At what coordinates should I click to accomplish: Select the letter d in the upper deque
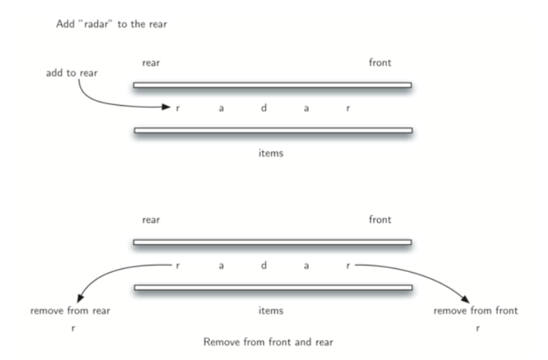(263, 108)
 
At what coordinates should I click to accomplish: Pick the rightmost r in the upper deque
(348, 109)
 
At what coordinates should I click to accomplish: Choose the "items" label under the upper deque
(270, 153)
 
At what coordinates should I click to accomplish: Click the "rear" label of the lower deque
(151, 220)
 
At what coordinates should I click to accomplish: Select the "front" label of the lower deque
(380, 220)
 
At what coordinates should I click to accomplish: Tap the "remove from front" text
(476, 311)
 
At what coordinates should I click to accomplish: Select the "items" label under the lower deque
(270, 311)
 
